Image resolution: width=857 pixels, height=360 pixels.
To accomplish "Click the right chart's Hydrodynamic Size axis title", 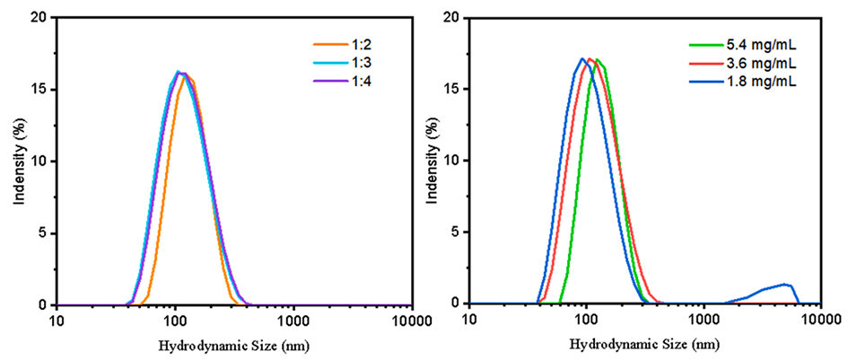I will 644,344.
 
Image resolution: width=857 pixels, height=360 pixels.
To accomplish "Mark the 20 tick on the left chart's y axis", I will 41,17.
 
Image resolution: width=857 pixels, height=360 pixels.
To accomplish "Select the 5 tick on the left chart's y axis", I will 45,233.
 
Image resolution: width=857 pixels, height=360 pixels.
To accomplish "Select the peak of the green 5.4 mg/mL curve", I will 597,60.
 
